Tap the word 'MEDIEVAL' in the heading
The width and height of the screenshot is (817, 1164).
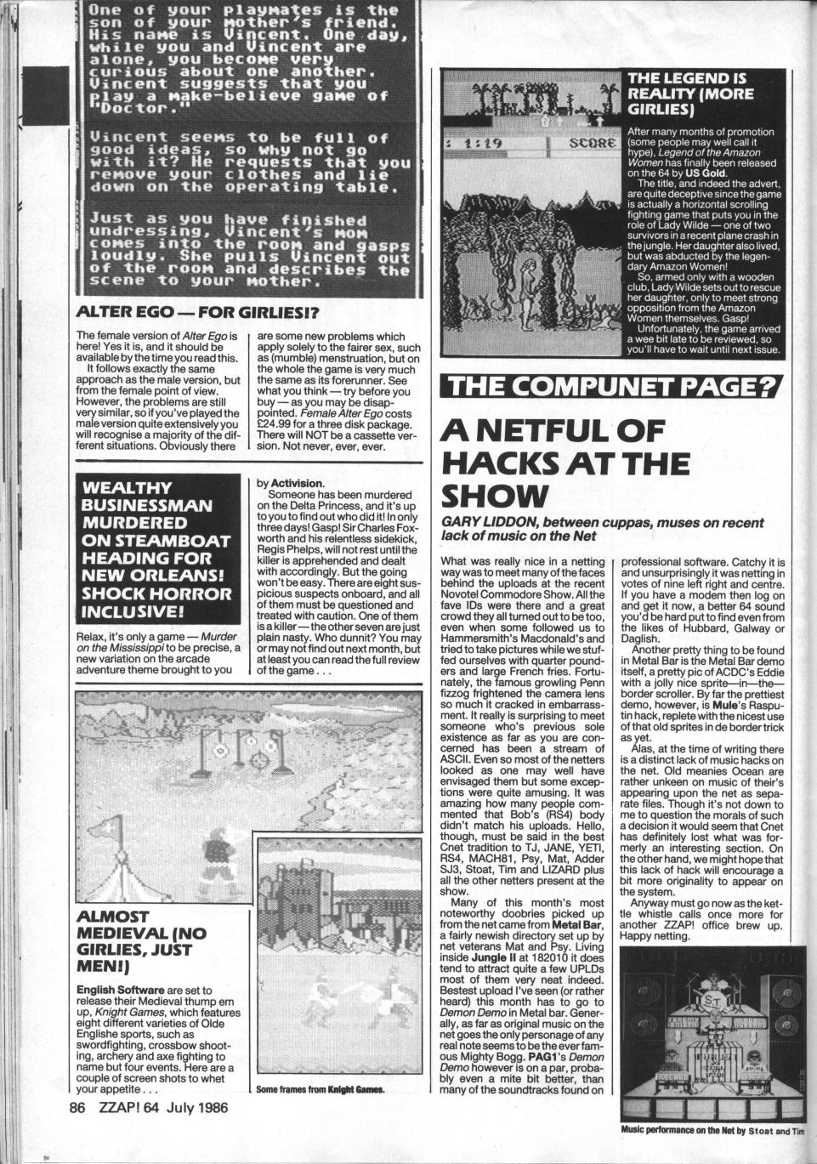tap(128, 934)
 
